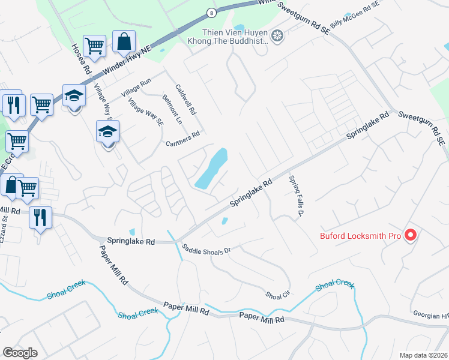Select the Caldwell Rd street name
pos(185,100)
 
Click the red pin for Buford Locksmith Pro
pos(411,235)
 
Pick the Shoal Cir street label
pos(278,295)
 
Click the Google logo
pos(20,353)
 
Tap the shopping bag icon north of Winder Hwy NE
pos(123,43)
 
